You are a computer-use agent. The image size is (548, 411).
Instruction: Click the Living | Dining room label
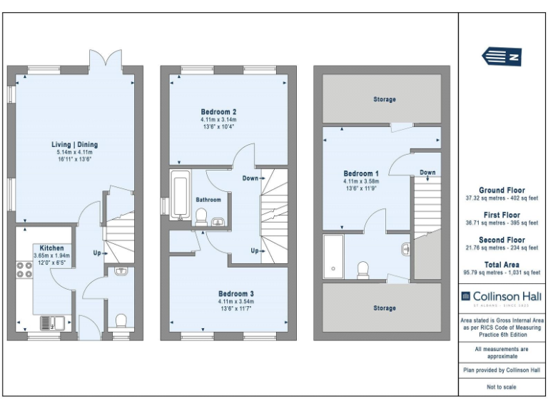tap(76, 144)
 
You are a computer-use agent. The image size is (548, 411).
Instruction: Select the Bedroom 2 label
tap(218, 112)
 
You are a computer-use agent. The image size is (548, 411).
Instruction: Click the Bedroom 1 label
tap(361, 173)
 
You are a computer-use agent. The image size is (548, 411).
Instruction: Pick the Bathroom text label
tap(208, 200)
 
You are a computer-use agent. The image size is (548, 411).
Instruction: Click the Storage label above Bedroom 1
tap(384, 99)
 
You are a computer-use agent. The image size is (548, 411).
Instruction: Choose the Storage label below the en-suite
tap(384, 308)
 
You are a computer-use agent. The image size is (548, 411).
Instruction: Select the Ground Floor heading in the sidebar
tap(502, 191)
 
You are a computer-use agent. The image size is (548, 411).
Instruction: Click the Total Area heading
tap(502, 264)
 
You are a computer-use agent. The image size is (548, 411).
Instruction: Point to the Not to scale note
tap(502, 387)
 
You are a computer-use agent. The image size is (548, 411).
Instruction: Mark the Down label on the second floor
tap(427, 173)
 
